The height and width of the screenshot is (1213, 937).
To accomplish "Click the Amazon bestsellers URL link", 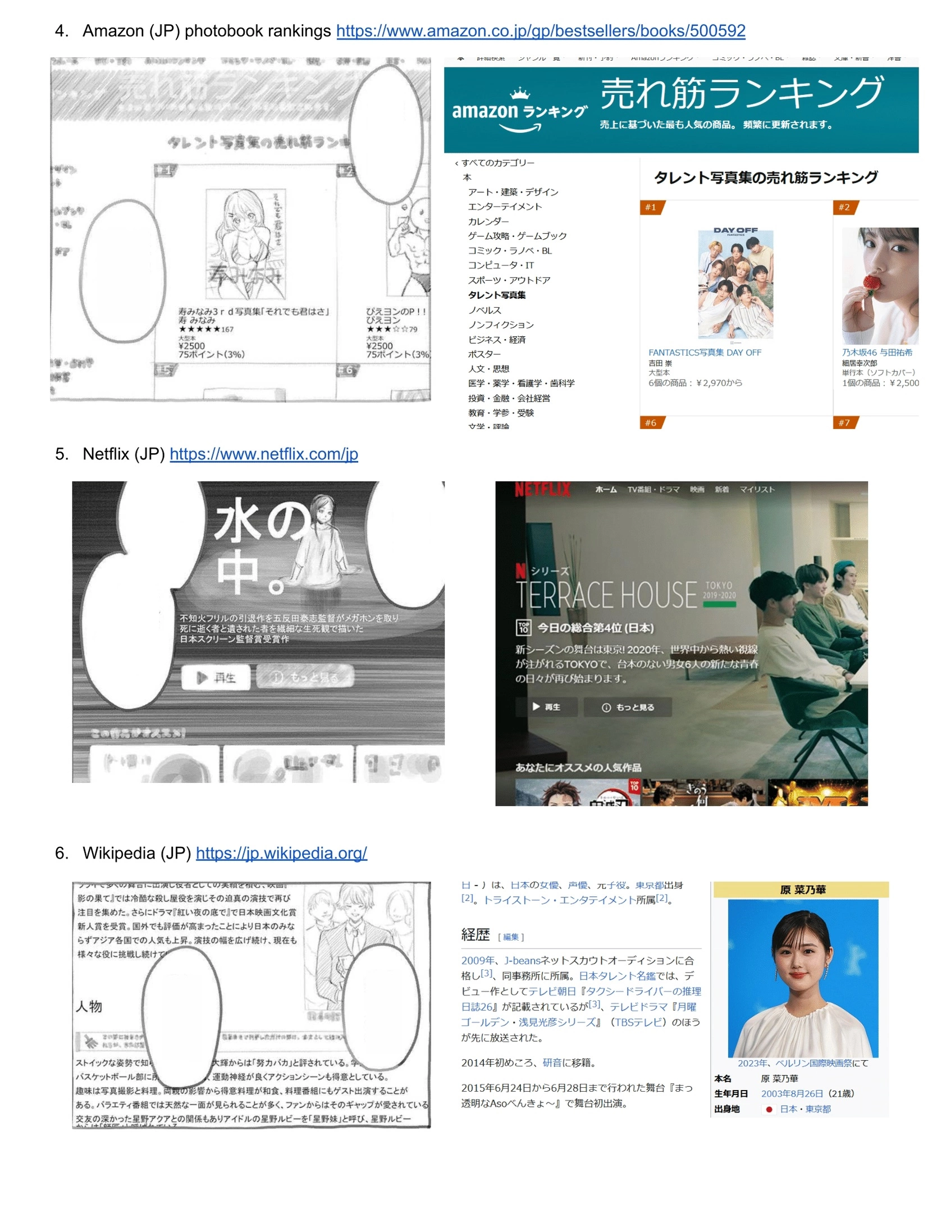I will (x=540, y=30).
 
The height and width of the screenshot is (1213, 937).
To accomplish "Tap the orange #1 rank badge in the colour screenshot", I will (x=651, y=207).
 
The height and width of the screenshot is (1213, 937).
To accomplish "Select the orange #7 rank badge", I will (x=844, y=422).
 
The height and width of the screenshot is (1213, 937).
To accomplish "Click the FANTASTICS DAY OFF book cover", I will (x=735, y=284).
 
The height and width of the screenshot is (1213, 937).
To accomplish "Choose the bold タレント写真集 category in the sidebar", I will (x=496, y=295).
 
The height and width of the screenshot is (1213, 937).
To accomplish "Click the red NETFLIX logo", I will (x=542, y=490).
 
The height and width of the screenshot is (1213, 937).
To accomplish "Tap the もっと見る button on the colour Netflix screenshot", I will (x=628, y=707).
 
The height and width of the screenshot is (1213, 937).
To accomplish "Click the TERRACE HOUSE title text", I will (x=606, y=595).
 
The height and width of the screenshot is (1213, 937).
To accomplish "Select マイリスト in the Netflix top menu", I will (x=756, y=489).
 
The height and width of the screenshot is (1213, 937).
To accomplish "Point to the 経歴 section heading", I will (x=475, y=934).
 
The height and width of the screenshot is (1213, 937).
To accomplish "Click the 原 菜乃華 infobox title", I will (x=802, y=890).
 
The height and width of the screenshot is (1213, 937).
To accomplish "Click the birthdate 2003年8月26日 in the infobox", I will (x=791, y=1093).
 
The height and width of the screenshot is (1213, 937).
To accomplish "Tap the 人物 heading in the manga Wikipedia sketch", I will (x=89, y=1006).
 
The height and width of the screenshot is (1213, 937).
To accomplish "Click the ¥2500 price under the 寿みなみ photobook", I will (x=191, y=346).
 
